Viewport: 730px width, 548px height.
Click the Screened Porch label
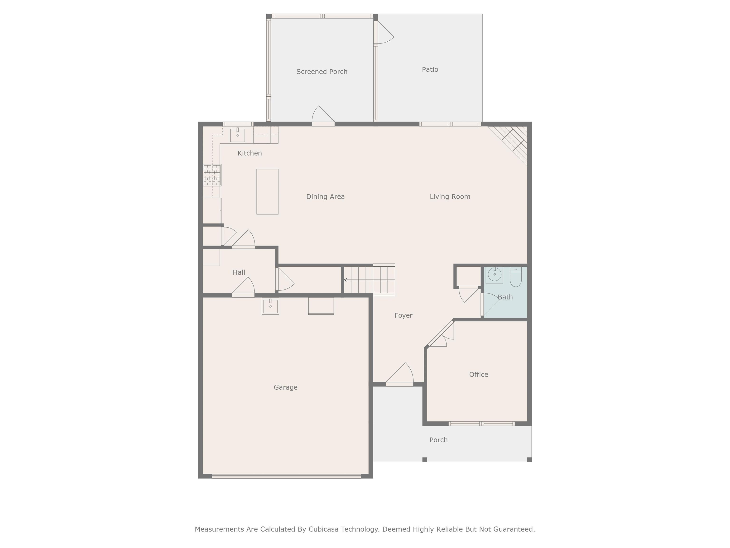[322, 72]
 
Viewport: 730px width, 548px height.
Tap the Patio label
[430, 69]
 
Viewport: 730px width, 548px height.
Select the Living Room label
[450, 196]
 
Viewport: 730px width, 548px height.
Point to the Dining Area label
[325, 196]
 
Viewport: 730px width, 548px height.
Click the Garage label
[285, 387]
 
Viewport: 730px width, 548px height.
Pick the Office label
[479, 374]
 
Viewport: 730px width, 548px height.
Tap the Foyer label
[403, 315]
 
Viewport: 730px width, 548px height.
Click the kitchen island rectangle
[267, 191]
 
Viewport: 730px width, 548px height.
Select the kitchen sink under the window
[237, 135]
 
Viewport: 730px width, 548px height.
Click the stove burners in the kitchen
[212, 175]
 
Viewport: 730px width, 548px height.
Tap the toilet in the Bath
[515, 277]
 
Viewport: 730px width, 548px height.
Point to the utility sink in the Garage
[270, 306]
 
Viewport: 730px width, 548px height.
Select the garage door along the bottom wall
[286, 476]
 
